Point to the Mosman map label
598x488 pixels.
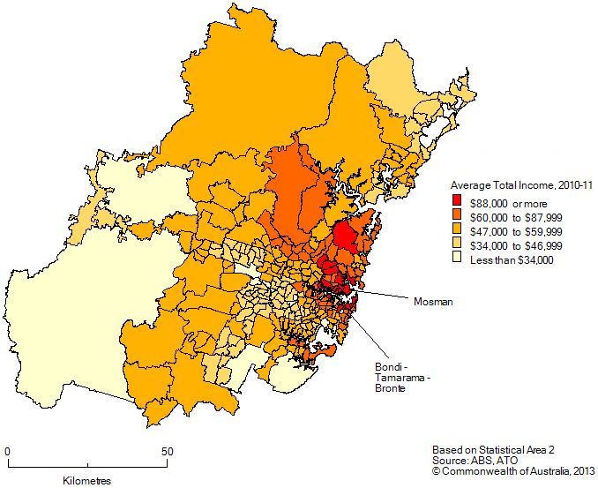click(x=432, y=302)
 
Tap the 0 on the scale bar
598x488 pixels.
click(x=8, y=451)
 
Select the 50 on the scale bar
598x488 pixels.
click(x=166, y=451)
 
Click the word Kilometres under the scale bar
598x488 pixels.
click(x=87, y=481)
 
